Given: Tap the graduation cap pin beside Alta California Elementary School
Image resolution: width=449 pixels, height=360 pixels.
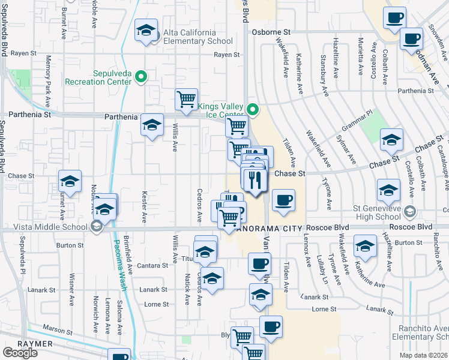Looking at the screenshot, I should (146, 31).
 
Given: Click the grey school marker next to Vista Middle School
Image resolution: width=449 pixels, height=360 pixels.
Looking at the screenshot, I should (96, 226).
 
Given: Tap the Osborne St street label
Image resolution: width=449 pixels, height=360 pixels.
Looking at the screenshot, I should (271, 32).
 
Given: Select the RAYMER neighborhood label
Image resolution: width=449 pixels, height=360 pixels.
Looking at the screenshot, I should (18, 343).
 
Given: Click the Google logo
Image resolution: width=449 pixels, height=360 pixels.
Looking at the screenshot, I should (20, 353).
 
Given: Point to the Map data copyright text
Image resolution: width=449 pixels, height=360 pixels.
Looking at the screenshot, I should (426, 355).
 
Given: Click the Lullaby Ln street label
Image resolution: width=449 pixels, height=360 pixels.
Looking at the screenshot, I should (320, 266).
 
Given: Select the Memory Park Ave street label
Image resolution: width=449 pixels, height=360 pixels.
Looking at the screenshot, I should (49, 74).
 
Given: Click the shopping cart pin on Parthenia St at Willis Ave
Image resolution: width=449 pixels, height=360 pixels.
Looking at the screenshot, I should (186, 99).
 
